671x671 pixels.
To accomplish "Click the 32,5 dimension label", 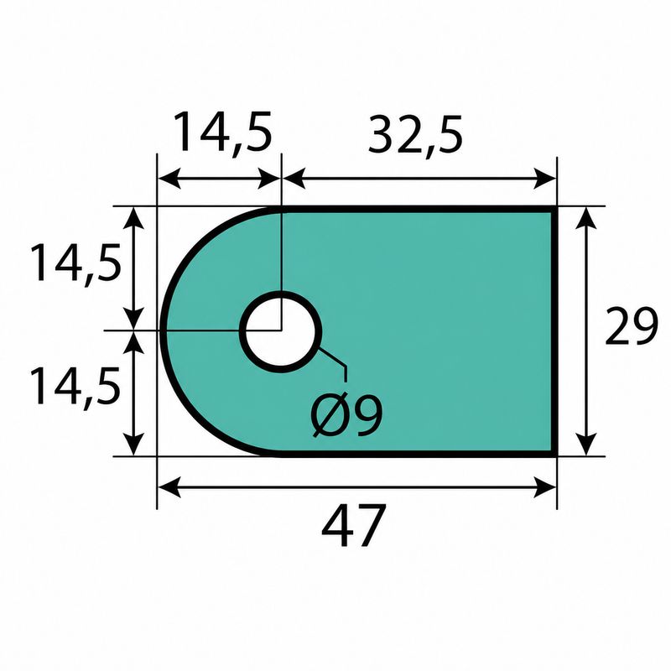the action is point(415,136).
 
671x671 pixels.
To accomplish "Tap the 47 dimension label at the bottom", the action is point(353,525).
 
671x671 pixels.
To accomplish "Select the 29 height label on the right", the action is point(631,326).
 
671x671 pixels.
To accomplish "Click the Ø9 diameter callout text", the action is point(346,414).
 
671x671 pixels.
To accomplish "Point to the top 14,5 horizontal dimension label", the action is point(222,133).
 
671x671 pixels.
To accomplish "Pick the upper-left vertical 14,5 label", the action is point(75,263).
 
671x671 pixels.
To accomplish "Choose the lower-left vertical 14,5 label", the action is point(75,387).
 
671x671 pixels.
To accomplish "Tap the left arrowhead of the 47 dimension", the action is point(169,486).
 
